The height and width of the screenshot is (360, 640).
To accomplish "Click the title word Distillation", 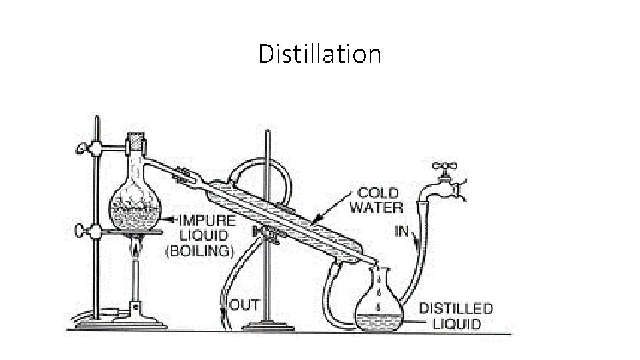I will pyautogui.click(x=319, y=53).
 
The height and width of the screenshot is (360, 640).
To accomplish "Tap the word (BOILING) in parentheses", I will pyautogui.click(x=200, y=251).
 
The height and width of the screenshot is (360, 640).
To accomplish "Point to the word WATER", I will pyautogui.click(x=376, y=207).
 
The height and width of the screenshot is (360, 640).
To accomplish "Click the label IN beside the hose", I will pyautogui.click(x=401, y=232).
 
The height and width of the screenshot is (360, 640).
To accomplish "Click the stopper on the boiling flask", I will pyautogui.click(x=137, y=144).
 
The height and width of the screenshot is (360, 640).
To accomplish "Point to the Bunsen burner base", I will pyautogui.click(x=138, y=320).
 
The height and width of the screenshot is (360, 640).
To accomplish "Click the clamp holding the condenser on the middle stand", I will pyautogui.click(x=265, y=232).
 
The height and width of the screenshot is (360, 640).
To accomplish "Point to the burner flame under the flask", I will pyautogui.click(x=137, y=248).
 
